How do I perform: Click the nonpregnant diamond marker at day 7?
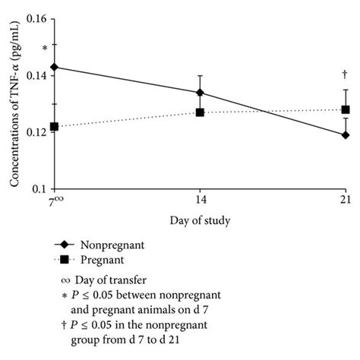[x=54, y=67]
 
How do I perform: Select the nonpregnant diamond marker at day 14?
[x=200, y=93]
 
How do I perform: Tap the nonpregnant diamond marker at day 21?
[x=346, y=135]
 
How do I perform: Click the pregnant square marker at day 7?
[x=54, y=127]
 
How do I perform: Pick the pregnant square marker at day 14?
[x=200, y=112]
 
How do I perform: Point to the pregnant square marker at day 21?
[x=346, y=109]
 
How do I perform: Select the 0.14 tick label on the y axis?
[x=33, y=75]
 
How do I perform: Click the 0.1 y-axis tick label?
[x=37, y=189]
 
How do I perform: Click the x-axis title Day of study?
[x=201, y=221]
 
